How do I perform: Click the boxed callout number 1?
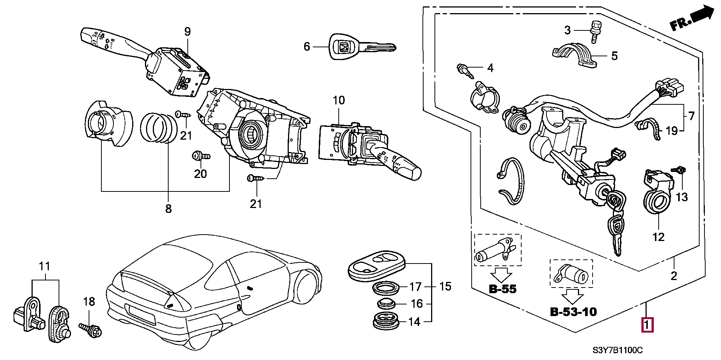pyautogui.click(x=648, y=325)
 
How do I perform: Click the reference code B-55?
pyautogui.click(x=502, y=289)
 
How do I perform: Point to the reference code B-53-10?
pyautogui.click(x=573, y=312)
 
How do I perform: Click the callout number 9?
pyautogui.click(x=187, y=32)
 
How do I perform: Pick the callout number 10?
pyautogui.click(x=339, y=100)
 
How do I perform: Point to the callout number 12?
pyautogui.click(x=659, y=237)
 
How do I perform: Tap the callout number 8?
pyautogui.click(x=168, y=209)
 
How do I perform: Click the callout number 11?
pyautogui.click(x=44, y=267)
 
